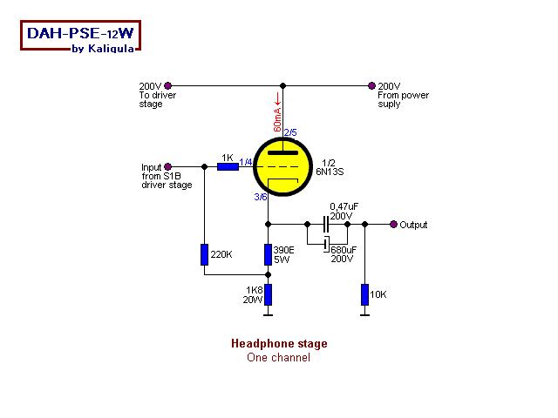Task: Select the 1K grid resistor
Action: [228, 165]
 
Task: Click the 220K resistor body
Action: [203, 254]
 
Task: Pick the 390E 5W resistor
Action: [269, 254]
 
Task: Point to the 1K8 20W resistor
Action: [269, 294]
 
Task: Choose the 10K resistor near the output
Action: [364, 294]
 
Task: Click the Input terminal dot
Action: [167, 165]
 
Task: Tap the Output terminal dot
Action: [393, 224]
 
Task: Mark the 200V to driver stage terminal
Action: [167, 85]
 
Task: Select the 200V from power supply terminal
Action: [372, 85]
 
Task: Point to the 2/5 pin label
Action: [290, 132]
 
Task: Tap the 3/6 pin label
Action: [261, 198]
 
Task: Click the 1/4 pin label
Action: [246, 162]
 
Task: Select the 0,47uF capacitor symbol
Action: [326, 224]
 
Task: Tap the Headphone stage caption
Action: [279, 344]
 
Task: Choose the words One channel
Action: [278, 357]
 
